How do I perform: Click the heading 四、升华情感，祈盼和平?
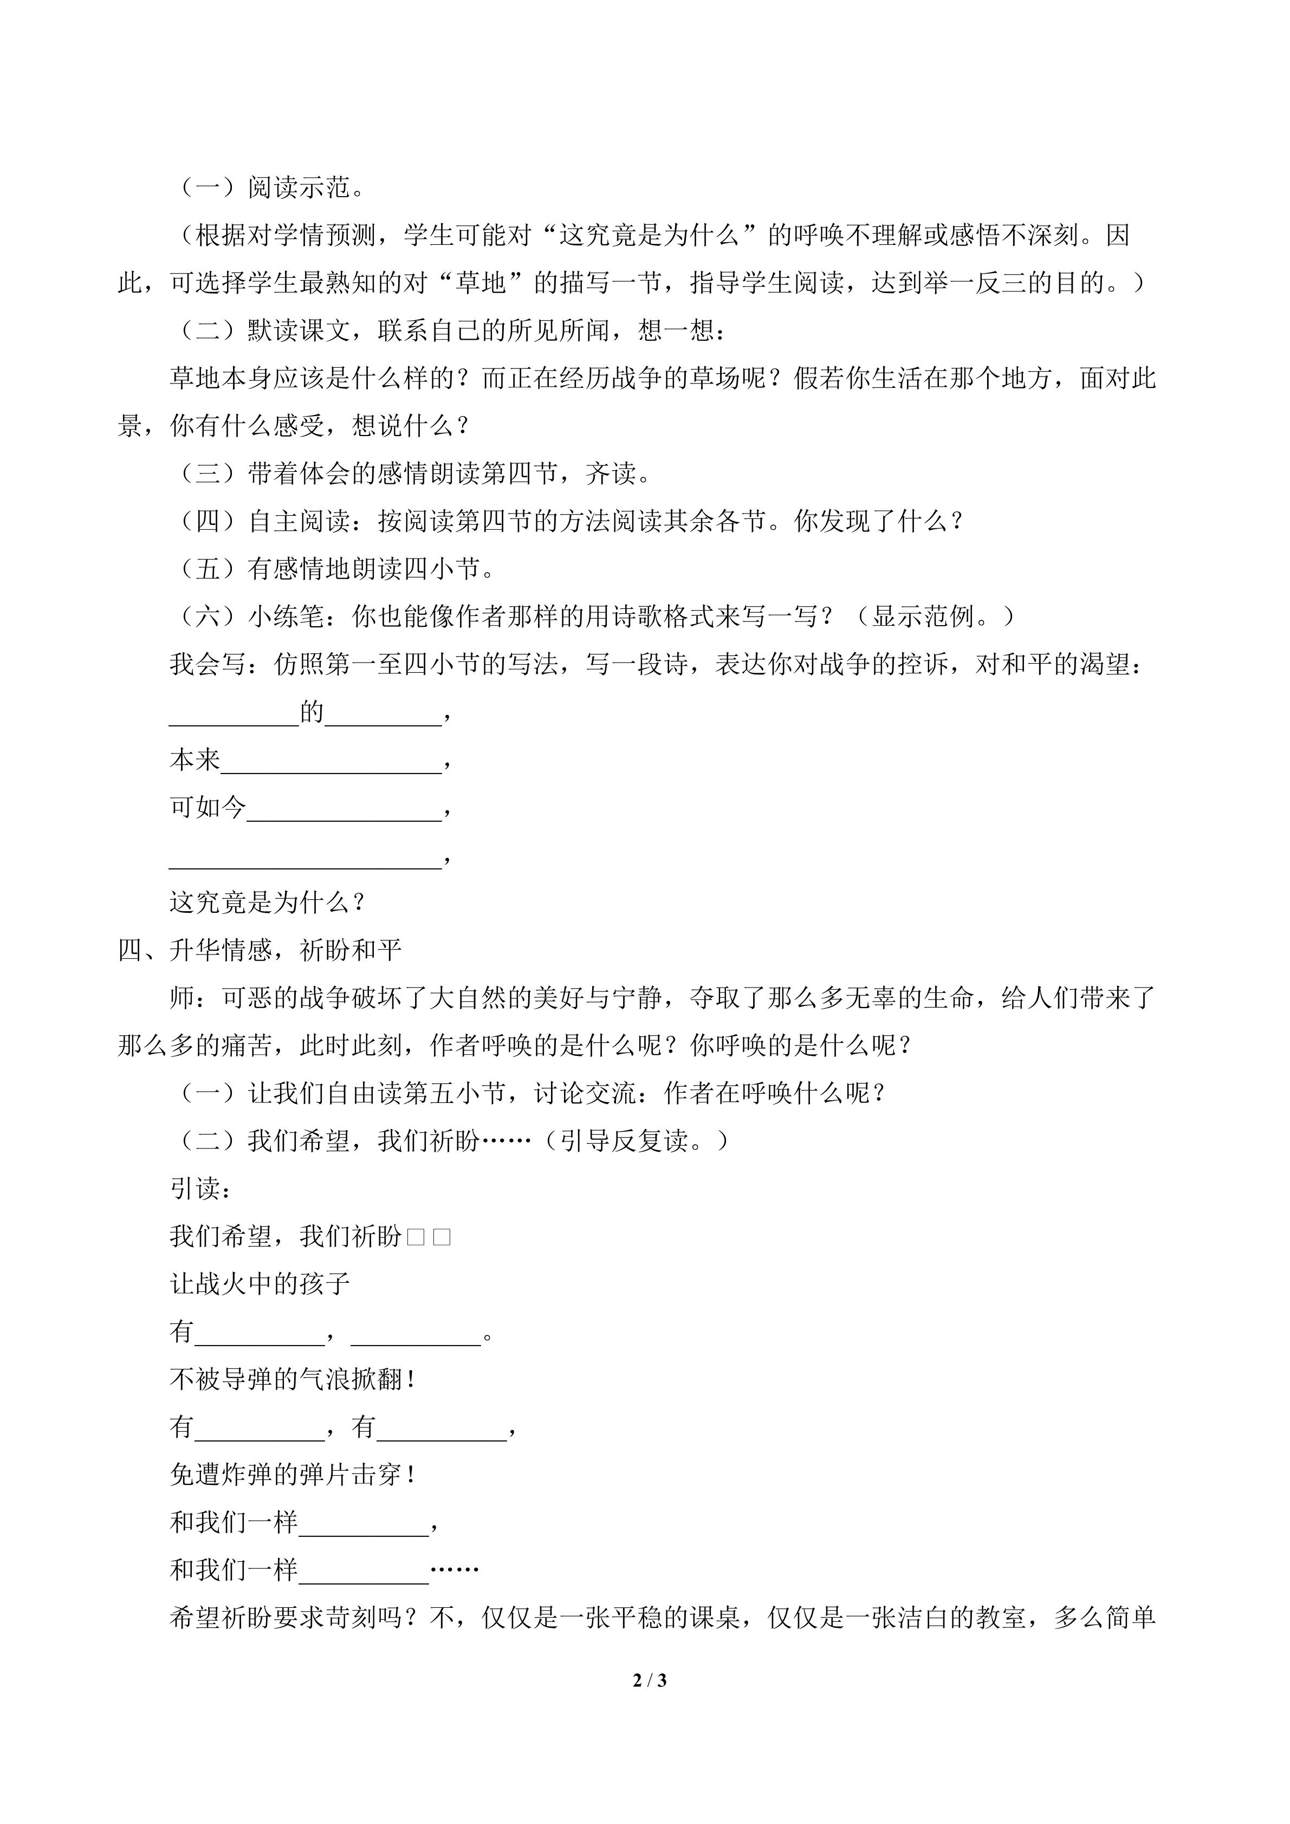pyautogui.click(x=260, y=951)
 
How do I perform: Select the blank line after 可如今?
pyautogui.click(x=344, y=809)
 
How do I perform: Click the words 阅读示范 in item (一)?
pyautogui.click(x=299, y=189)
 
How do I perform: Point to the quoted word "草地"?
pyautogui.click(x=481, y=283)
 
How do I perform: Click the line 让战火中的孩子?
pyautogui.click(x=260, y=1284)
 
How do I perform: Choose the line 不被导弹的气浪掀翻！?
pyautogui.click(x=293, y=1380)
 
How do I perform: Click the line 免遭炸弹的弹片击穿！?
pyautogui.click(x=293, y=1475)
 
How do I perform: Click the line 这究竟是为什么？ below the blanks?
pyautogui.click(x=268, y=903)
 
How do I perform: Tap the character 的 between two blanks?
pyautogui.click(x=312, y=712)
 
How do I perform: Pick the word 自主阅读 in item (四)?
pyautogui.click(x=299, y=522)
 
